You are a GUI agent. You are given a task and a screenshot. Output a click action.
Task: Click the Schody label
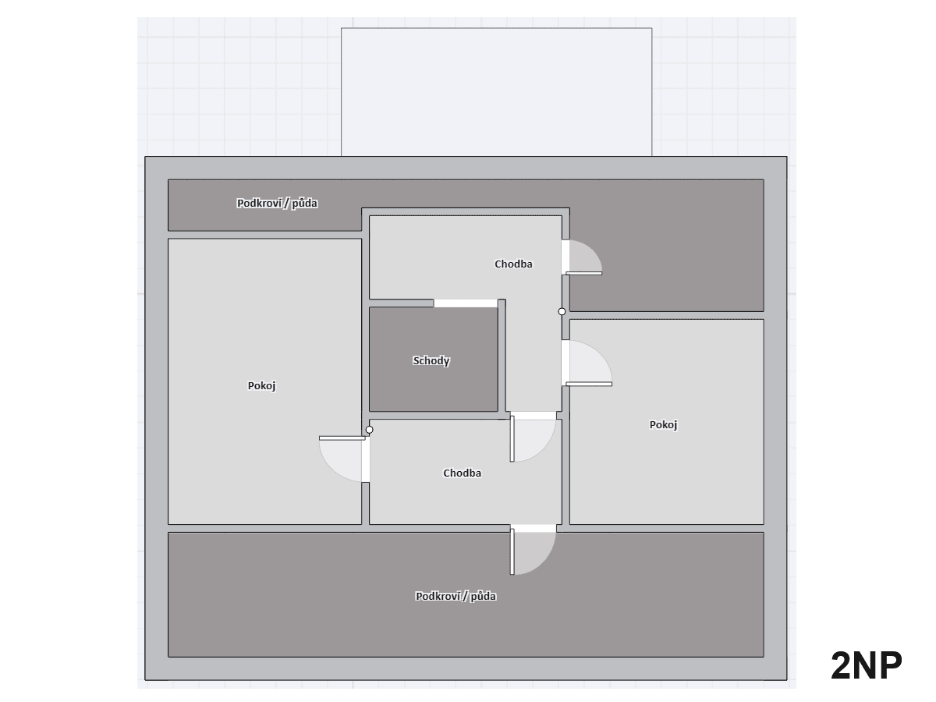pyautogui.click(x=431, y=361)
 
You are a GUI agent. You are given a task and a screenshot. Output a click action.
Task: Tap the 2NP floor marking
pyautogui.click(x=866, y=665)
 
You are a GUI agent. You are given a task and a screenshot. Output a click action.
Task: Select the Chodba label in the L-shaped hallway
pyautogui.click(x=513, y=264)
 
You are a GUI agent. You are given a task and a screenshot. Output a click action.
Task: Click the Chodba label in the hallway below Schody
pyautogui.click(x=462, y=473)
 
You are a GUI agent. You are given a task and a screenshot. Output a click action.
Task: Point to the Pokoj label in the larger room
pyautogui.click(x=262, y=386)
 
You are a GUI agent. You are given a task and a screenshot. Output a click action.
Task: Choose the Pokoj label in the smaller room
pyautogui.click(x=663, y=425)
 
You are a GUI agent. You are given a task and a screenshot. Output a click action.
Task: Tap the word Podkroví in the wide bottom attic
pyautogui.click(x=437, y=597)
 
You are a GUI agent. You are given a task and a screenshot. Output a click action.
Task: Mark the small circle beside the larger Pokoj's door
pyautogui.click(x=369, y=430)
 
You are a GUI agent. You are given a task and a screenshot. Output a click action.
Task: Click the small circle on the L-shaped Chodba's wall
pyautogui.click(x=562, y=311)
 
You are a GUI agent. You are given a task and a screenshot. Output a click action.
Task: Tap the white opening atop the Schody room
pyautogui.click(x=466, y=303)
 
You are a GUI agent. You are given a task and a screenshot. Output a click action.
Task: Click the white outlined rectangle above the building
pyautogui.click(x=496, y=92)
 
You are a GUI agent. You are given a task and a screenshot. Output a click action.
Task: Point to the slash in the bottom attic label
pyautogui.click(x=466, y=597)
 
